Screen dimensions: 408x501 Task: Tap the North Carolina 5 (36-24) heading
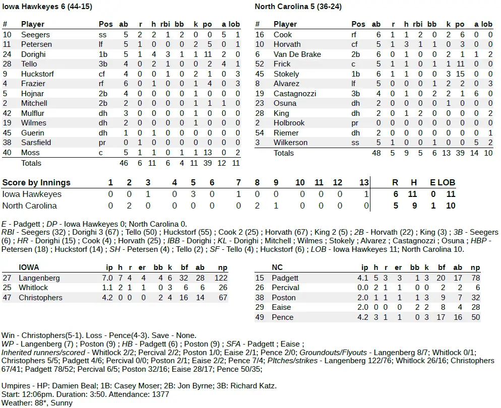click(296, 7)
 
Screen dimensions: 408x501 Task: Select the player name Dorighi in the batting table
click(33, 54)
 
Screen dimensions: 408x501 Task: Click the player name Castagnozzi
click(295, 94)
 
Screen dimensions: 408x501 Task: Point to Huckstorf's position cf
click(103, 74)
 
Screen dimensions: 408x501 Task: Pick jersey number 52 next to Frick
click(260, 64)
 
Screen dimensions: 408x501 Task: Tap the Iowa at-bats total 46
click(123, 163)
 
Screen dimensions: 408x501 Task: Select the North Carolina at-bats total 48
click(376, 153)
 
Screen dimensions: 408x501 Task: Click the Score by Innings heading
click(36, 182)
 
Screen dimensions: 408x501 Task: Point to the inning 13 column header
click(364, 182)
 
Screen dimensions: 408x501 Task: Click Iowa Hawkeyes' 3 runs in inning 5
click(193, 194)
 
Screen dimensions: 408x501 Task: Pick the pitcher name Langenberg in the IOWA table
click(39, 278)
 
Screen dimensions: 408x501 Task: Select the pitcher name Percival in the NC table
click(285, 288)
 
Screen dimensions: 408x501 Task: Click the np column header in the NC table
click(475, 268)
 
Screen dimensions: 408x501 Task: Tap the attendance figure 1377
click(160, 394)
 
